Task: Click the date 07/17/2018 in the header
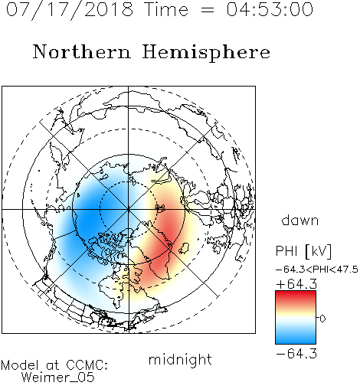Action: pos(70,10)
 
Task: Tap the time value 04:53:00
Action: pos(270,9)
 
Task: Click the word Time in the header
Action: pos(166,9)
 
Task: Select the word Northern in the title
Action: pos(82,51)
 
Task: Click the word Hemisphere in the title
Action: pos(206,53)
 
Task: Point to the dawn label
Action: pos(300,220)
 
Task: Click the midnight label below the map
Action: pos(180,361)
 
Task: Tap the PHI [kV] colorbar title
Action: pos(304,251)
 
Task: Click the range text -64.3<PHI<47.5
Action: pos(317,270)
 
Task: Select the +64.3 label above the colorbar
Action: pos(296,284)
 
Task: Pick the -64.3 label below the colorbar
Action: pos(296,354)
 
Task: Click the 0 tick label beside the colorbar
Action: pos(322,319)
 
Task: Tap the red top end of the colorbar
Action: pos(296,293)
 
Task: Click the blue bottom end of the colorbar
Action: pos(296,341)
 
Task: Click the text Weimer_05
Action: pos(58,378)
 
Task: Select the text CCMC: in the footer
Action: pos(87,365)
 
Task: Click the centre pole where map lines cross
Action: pos(129,210)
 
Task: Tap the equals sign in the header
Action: pos(208,10)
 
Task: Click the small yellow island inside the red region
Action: pos(184,248)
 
